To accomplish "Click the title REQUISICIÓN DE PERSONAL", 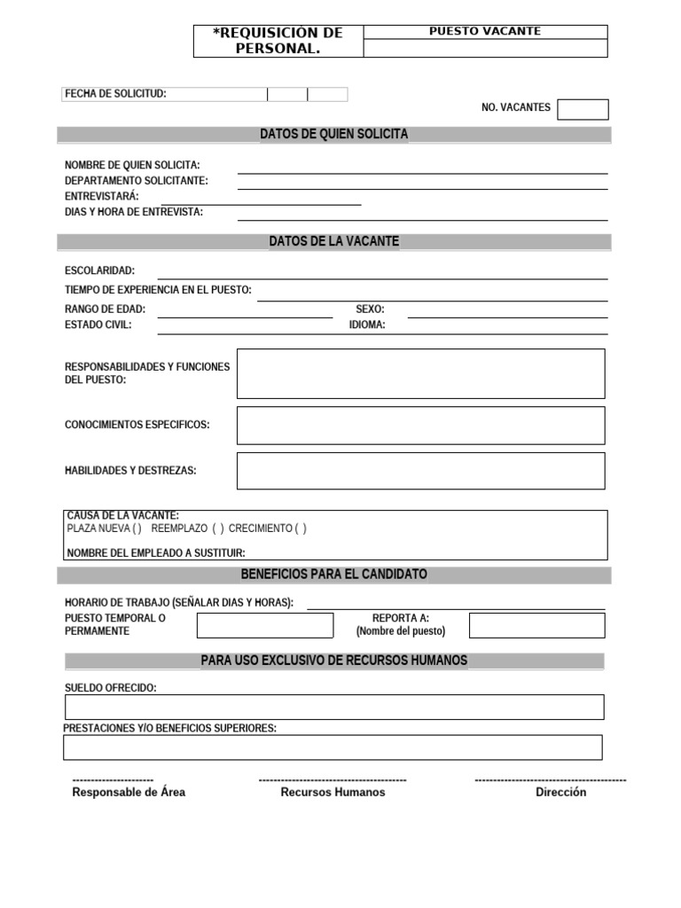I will point(278,41).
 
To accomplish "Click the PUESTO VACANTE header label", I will point(484,31).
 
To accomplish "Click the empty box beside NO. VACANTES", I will point(583,109).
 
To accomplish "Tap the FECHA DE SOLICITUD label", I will point(115,94).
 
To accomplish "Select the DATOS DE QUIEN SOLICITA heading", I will point(333,134).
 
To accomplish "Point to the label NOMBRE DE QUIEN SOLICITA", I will point(132,166).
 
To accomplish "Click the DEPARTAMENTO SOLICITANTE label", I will point(137,181).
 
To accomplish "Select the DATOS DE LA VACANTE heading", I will point(333,241).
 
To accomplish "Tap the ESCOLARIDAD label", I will point(100,270).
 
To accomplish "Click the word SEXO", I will point(370,309).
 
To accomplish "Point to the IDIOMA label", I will point(367,325).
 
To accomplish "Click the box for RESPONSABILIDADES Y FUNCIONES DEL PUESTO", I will point(420,373).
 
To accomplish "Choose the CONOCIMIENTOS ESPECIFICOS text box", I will point(420,426).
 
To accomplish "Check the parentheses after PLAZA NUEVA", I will point(137,528).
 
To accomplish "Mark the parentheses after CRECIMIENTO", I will point(301,528).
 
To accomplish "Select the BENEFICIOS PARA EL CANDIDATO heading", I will point(333,575).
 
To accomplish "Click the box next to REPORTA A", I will point(536,625).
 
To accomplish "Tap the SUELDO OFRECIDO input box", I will point(334,707).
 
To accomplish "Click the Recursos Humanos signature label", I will point(333,792).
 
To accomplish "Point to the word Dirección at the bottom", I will point(560,792).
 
